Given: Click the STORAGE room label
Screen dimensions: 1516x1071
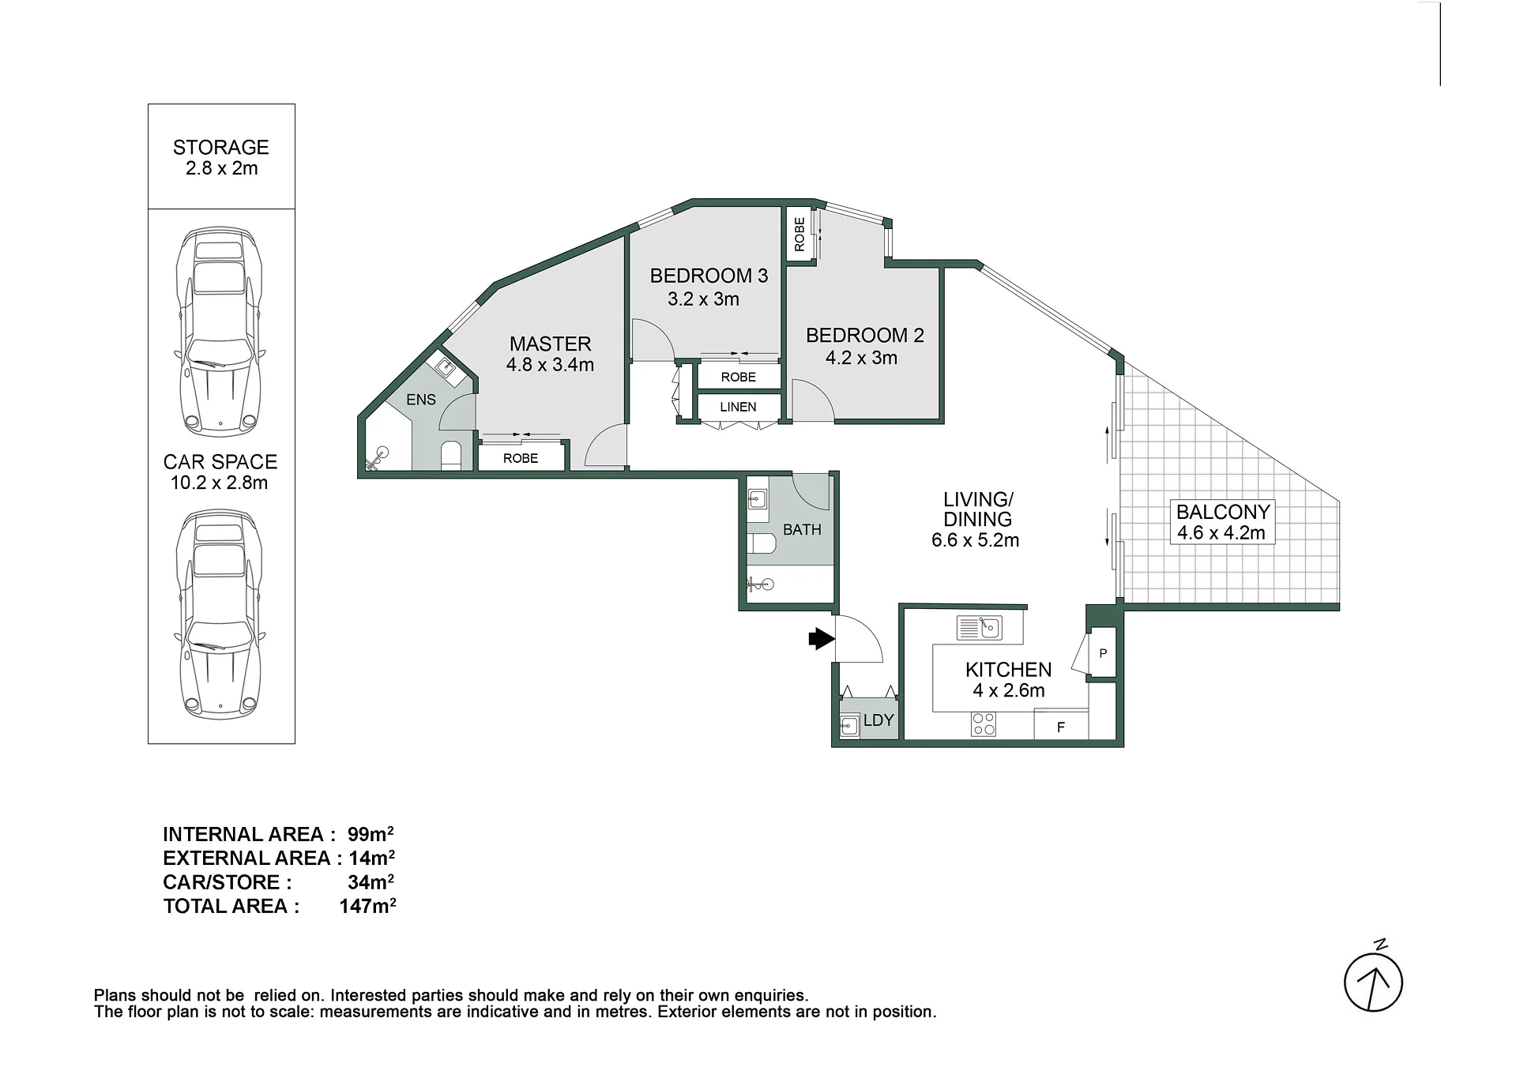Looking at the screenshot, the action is click(x=221, y=148).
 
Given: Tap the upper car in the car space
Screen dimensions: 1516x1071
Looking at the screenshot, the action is click(x=220, y=332).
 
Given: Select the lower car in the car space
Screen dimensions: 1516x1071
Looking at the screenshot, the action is click(x=220, y=614).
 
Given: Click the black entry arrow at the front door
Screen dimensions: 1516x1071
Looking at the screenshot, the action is click(x=822, y=638).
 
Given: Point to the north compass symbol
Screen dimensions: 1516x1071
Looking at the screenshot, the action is click(x=1374, y=979).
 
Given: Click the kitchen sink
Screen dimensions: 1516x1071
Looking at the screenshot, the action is click(x=980, y=628).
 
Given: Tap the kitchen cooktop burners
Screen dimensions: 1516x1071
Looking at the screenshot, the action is click(x=984, y=724).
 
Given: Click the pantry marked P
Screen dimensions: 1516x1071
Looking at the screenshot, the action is click(x=1102, y=653).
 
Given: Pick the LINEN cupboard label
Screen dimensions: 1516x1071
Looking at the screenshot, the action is click(x=738, y=407).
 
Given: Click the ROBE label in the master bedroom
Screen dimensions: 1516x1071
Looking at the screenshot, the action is click(x=521, y=458).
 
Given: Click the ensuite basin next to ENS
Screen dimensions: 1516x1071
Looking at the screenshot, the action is click(x=446, y=367).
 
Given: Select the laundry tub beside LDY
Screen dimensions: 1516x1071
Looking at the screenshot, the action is click(x=850, y=725).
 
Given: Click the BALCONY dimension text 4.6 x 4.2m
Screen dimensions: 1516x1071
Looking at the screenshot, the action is click(x=1221, y=533).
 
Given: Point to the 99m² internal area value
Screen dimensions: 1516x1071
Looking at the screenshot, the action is click(x=371, y=834).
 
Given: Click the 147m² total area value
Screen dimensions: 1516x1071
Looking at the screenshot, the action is click(x=367, y=906).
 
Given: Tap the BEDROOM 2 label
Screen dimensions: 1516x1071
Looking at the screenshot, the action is click(x=865, y=335).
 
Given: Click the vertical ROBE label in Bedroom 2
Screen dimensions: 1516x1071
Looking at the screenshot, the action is click(x=799, y=235).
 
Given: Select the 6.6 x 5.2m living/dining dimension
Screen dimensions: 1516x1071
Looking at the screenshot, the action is click(x=976, y=540).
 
